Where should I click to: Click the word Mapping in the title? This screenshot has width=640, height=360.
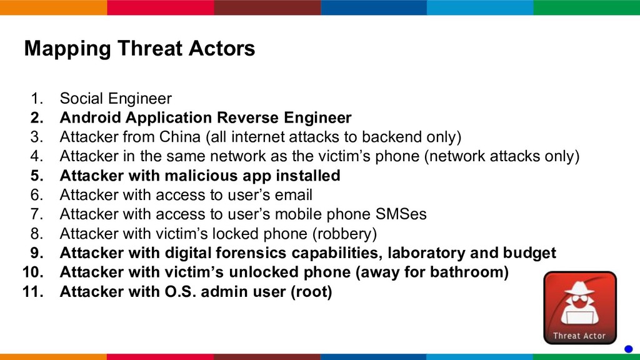click(x=67, y=49)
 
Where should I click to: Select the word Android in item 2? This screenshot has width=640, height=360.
click(x=90, y=117)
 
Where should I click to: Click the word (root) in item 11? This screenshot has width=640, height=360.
click(x=311, y=292)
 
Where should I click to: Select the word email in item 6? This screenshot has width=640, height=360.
click(x=294, y=195)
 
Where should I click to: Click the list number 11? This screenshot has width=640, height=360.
click(x=33, y=292)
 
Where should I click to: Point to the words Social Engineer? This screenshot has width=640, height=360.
click(x=116, y=99)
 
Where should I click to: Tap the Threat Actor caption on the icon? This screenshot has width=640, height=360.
click(x=579, y=336)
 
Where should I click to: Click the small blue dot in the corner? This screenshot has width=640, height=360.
click(x=629, y=349)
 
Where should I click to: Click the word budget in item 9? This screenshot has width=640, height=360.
click(x=529, y=253)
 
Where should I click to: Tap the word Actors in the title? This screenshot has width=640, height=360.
click(x=222, y=49)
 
